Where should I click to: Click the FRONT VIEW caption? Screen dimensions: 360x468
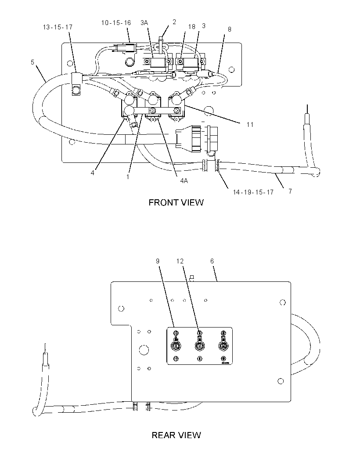tap(176, 202)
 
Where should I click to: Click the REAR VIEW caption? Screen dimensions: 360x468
tap(176, 435)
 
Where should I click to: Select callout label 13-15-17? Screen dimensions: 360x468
tap(58, 27)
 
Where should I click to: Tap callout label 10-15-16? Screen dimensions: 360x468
tap(116, 23)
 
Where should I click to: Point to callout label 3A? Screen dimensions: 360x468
tap(144, 23)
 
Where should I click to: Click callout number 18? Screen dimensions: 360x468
tap(192, 27)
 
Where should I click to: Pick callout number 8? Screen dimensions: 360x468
tap(229, 29)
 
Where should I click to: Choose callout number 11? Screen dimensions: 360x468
tap(250, 124)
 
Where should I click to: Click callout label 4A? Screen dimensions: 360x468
tap(184, 180)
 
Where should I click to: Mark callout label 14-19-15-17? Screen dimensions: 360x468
tap(253, 192)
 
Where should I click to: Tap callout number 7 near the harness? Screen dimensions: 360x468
tap(290, 191)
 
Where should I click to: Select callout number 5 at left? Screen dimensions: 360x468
tap(32, 62)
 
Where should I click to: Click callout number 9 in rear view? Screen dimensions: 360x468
tap(158, 261)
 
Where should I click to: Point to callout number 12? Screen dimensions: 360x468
tap(180, 261)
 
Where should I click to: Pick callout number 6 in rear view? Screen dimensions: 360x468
tap(212, 261)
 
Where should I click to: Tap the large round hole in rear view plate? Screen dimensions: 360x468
tap(144, 350)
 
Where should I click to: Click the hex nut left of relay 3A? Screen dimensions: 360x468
tap(130, 62)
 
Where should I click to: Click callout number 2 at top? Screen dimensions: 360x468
tap(174, 22)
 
